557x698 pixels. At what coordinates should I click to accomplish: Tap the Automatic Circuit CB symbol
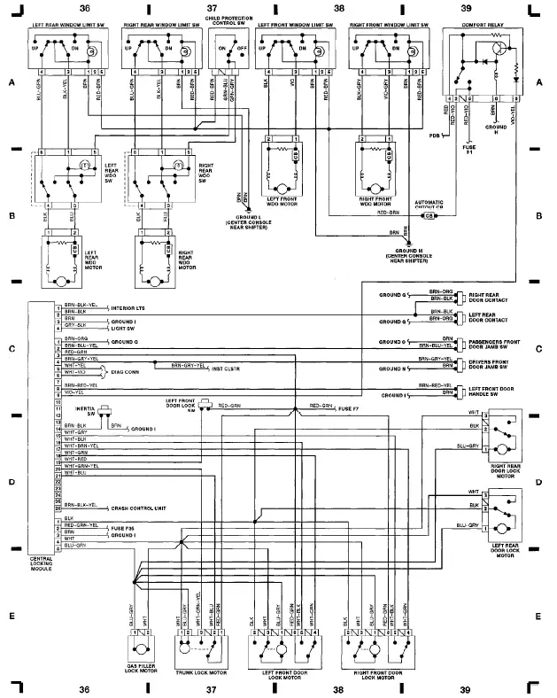(x=429, y=215)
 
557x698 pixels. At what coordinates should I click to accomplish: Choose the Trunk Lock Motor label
(x=206, y=673)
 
